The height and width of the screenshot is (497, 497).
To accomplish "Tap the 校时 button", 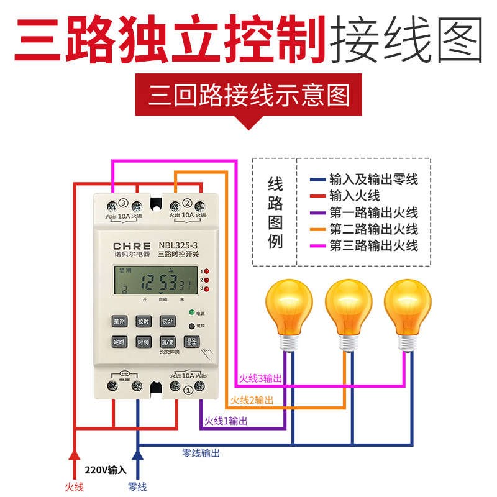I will click(x=144, y=321).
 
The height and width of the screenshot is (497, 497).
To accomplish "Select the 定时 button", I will click(x=119, y=342).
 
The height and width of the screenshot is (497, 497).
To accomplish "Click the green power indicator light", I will click(x=192, y=312).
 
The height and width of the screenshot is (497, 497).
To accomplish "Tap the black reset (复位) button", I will click(x=192, y=325).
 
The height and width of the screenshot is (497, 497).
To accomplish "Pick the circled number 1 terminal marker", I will click(x=188, y=390).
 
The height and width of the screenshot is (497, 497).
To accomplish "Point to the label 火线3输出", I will click(x=260, y=378).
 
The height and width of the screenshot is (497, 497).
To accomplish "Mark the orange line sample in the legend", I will click(x=318, y=229).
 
